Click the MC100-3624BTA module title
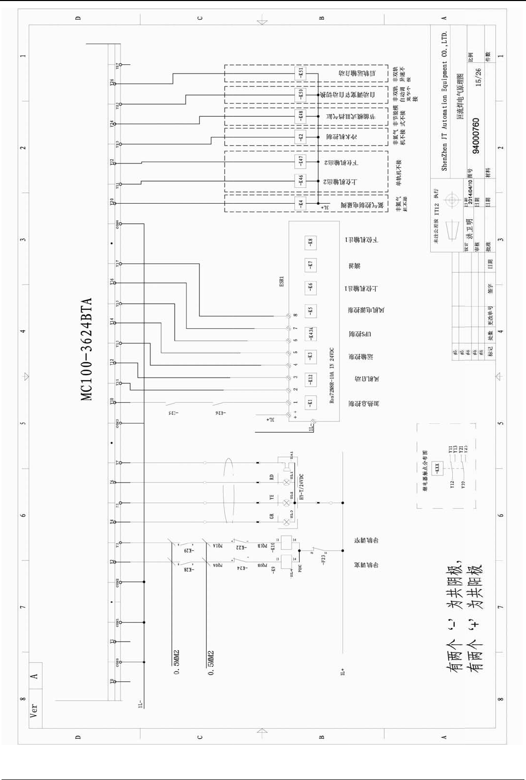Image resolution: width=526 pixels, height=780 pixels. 87,349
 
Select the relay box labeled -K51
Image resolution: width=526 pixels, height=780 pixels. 301,73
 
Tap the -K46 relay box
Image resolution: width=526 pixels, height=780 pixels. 301,180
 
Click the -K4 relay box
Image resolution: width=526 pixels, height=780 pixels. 301,203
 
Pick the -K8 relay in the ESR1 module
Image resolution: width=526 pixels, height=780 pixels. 311,241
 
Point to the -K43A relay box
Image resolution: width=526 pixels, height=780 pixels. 311,334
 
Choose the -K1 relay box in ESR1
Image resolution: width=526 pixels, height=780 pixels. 311,402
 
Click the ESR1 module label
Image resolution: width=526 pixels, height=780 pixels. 282,281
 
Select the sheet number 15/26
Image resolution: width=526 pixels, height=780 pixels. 478,77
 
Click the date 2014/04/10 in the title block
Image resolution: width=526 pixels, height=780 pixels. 470,191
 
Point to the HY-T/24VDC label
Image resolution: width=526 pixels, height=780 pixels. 302,487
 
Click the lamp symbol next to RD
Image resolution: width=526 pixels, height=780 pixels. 287,482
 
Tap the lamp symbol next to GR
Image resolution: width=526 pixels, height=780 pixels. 287,522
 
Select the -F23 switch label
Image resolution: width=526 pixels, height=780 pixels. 323,559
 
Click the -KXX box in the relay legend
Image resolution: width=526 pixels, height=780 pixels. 437,468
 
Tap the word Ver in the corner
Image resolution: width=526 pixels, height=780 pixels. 34,711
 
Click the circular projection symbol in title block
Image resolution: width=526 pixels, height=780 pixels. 451,200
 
